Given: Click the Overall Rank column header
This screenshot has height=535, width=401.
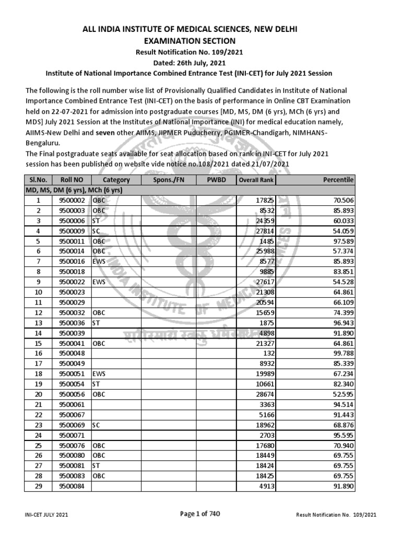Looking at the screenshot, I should [256, 180].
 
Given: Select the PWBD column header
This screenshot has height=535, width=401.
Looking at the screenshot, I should [215, 180].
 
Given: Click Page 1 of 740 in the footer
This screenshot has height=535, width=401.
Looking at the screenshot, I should [200, 514].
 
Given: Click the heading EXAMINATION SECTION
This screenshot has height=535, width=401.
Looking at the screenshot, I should [200, 41].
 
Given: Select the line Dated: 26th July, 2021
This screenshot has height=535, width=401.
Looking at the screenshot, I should [200, 63].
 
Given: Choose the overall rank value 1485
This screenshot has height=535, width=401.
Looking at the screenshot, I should [264, 243].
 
